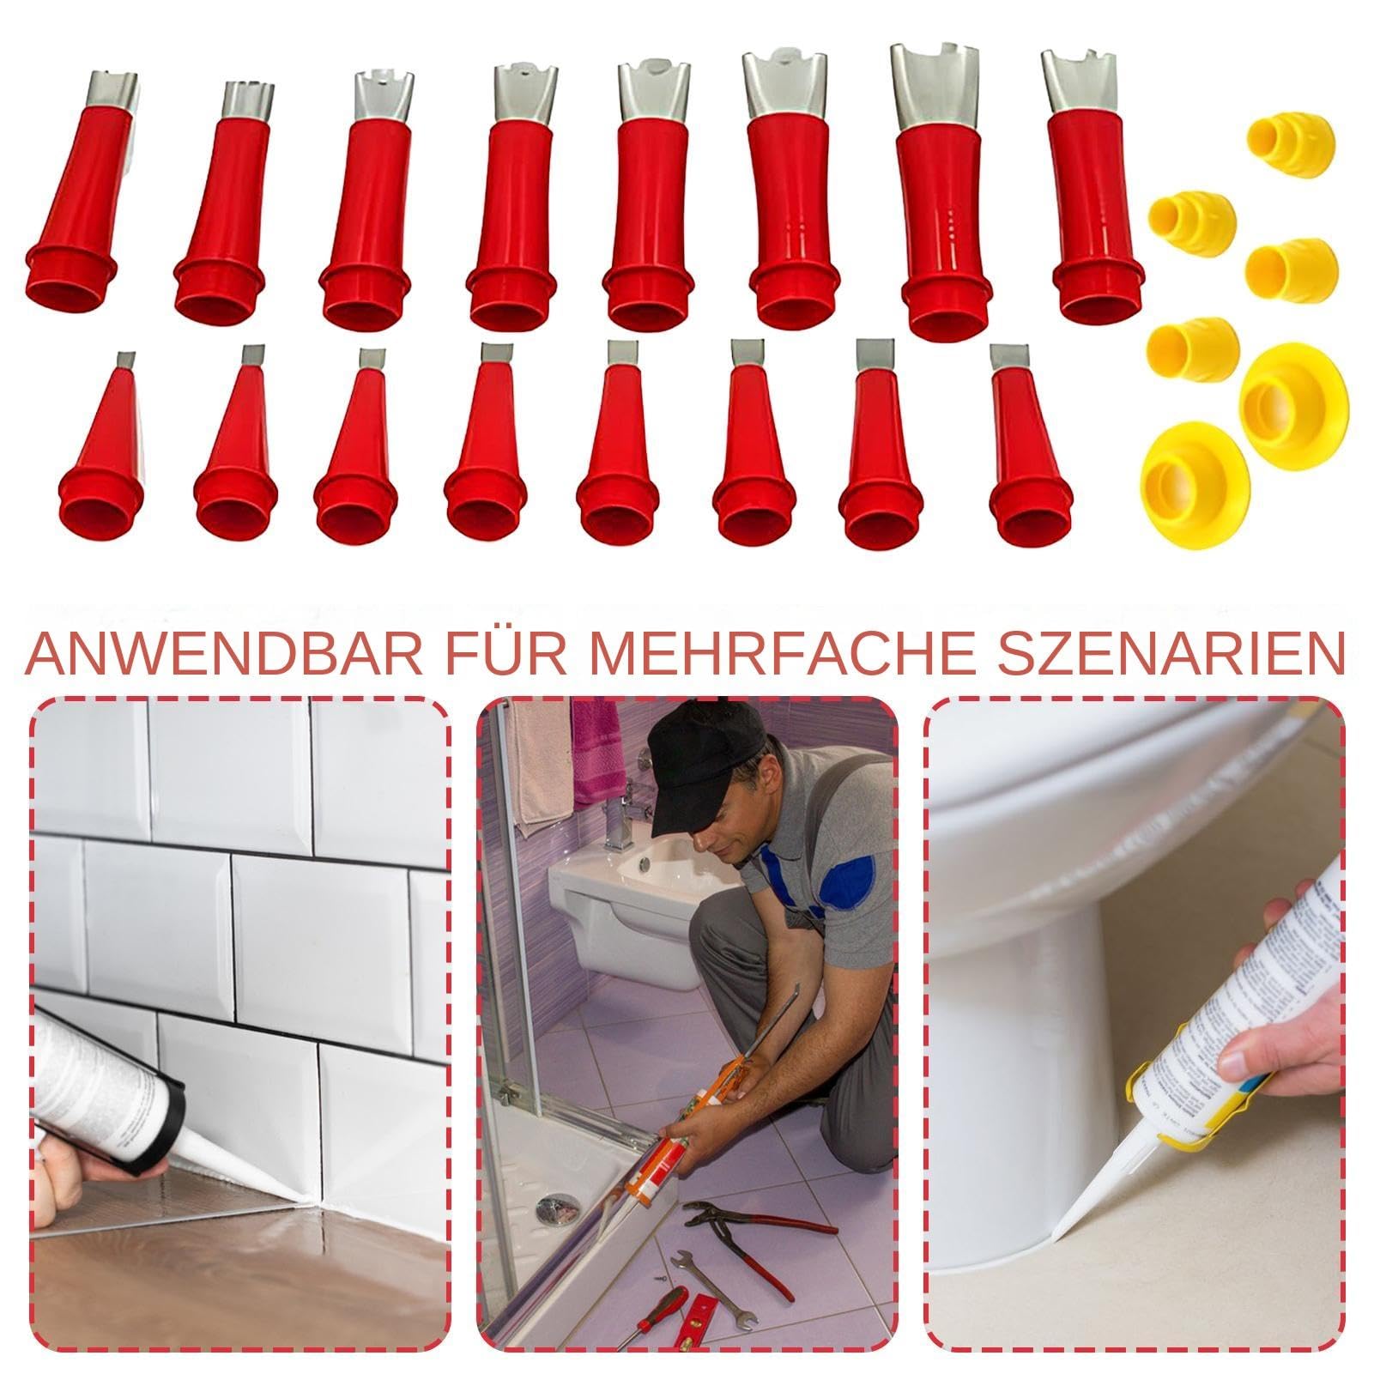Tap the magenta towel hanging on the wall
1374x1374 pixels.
[x=598, y=755]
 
